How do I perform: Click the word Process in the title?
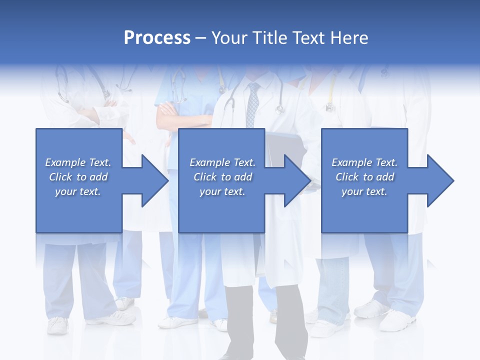157,37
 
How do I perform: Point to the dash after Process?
200,38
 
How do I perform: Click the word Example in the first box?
65,162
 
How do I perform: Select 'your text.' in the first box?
78,191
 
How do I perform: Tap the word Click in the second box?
205,177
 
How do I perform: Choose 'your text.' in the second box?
222,191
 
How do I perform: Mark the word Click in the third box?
347,177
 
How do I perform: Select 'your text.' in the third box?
364,191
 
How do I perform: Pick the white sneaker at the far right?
397,320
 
